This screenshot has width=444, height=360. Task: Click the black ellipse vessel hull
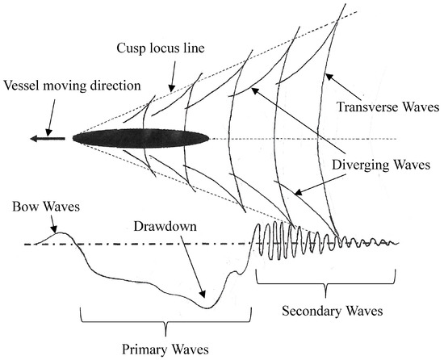coord(140,138)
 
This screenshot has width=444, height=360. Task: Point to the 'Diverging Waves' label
coord(384,164)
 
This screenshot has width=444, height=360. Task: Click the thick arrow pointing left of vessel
coord(48,139)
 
